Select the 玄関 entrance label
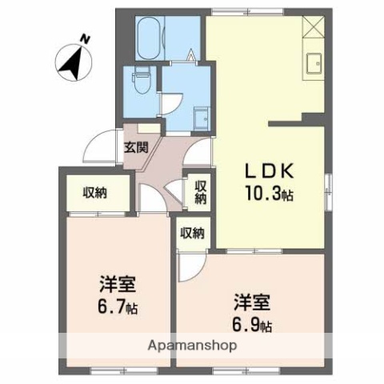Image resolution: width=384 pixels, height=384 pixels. coord(136,146)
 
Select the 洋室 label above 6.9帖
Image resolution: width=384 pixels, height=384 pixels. coord(251,303)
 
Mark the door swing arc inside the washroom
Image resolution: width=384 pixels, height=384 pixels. coord(174,103)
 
